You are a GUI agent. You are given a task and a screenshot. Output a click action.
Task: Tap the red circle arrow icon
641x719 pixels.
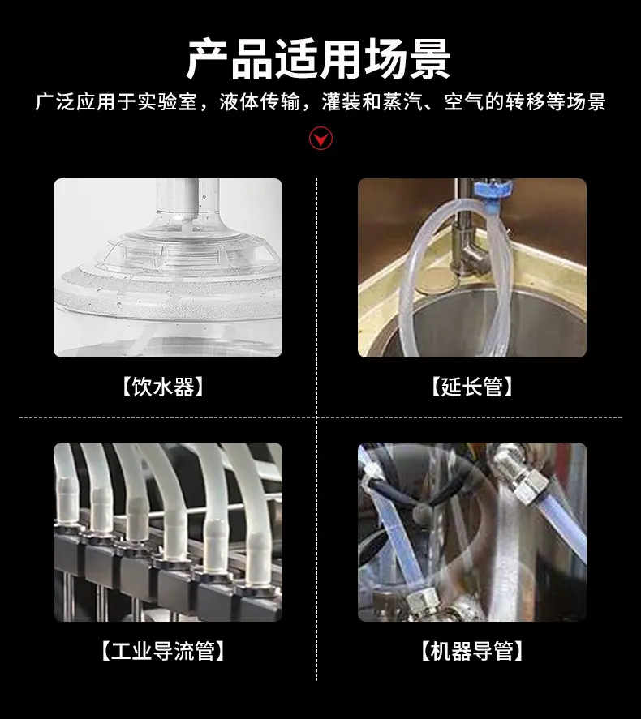pos(320,138)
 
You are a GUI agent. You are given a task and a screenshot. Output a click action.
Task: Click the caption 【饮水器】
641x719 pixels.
pos(163,387)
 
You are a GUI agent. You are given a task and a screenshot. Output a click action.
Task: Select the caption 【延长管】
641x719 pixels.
pos(471,387)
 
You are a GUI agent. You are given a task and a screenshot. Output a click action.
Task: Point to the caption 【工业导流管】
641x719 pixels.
pos(163,651)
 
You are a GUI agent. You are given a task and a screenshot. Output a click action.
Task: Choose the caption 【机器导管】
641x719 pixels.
pos(471,651)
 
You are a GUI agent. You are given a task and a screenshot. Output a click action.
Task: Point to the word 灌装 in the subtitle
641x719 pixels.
pos(342,102)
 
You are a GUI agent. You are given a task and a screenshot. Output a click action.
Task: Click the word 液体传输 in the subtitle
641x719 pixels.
pos(260,102)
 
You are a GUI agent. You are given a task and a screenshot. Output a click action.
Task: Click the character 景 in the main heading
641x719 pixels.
pos(429,60)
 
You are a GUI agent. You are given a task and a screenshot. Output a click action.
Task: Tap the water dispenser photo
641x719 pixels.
pos(168,267)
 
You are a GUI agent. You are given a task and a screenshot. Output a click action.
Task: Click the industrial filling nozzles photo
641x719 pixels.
pos(168,532)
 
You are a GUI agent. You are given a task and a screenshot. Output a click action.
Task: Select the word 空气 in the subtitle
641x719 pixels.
pos(463,102)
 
